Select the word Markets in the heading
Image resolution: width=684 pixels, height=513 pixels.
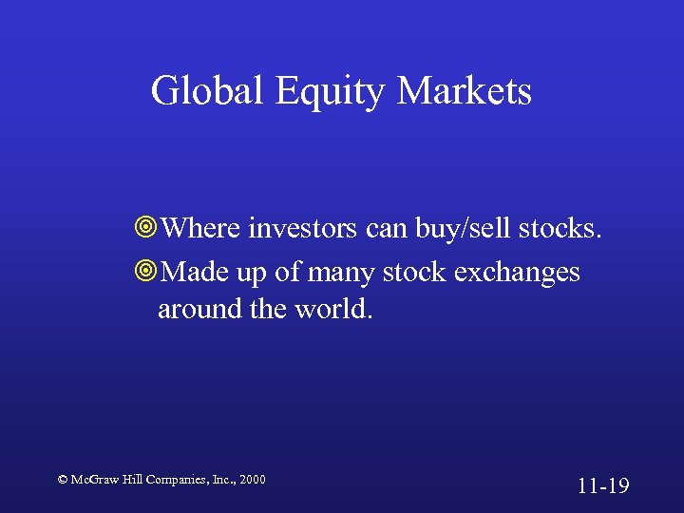[465, 91]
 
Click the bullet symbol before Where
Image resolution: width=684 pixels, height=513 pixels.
[146, 229]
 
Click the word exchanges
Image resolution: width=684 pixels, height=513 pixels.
[517, 273]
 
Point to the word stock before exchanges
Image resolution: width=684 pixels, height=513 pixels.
[415, 273]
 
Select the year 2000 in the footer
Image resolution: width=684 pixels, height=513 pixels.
[252, 480]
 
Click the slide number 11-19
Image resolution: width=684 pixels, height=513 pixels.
[603, 486]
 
